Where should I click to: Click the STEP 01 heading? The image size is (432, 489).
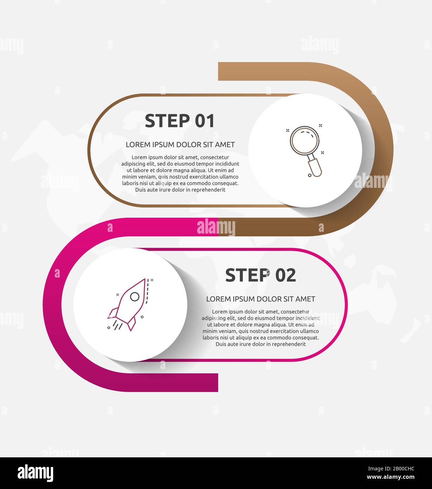pos(180,121)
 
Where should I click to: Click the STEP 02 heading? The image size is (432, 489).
pos(261,275)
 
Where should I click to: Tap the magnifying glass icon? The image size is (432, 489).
pos(306,151)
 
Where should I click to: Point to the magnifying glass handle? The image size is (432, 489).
pos(314,168)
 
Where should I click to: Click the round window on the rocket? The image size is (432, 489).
pos(134,297)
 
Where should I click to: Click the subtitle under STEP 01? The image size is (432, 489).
pos(180,145)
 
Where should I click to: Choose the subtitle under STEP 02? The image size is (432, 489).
pos(261,299)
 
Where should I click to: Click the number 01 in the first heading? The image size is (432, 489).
pos(205,121)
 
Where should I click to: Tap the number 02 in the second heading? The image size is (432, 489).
pos(286,275)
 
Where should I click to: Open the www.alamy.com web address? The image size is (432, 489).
pos(390,477)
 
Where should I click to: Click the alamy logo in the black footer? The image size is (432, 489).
pos(36,472)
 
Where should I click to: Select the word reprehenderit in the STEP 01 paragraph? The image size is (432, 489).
pos(208,190)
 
